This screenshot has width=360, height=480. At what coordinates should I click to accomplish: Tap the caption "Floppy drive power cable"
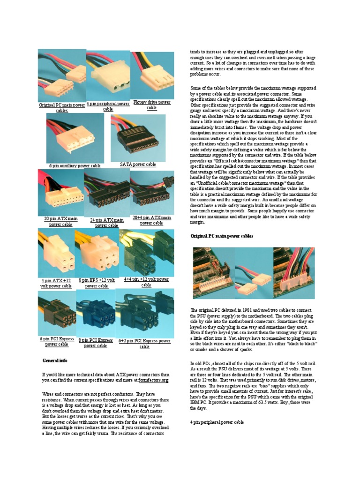pos(151,105)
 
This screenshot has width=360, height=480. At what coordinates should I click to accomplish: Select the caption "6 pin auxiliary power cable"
pos(75,165)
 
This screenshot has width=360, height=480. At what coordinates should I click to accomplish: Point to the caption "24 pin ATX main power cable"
pos(107,222)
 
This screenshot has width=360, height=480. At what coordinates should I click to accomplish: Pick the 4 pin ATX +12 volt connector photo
pos(56,253)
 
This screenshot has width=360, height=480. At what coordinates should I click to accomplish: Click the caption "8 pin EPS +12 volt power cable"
pos(97,283)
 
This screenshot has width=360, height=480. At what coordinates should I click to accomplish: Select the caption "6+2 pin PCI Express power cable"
pos(144,344)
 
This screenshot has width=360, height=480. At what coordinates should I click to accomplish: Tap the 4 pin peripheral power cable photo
pos(108,75)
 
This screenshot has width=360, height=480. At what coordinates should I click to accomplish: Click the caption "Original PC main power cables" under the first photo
pos(62,108)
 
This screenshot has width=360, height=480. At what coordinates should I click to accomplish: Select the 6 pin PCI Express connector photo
pos(56,313)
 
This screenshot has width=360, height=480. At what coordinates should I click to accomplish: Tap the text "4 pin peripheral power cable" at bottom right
pos(217,422)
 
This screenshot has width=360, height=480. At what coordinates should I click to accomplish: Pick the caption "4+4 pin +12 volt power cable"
pos(146,282)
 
